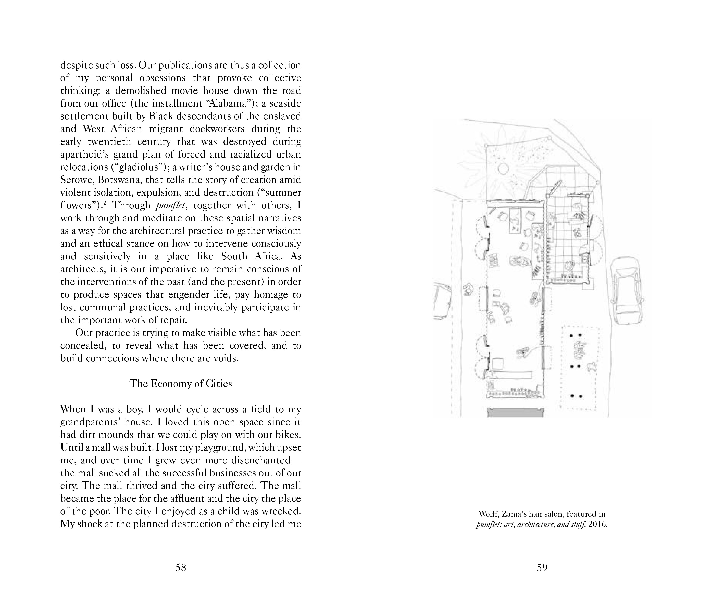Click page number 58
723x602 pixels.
180,567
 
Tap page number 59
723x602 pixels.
542,567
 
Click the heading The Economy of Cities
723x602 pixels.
180,384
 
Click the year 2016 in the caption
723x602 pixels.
597,525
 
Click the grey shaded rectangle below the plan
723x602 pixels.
515,412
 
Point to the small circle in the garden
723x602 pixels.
503,168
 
